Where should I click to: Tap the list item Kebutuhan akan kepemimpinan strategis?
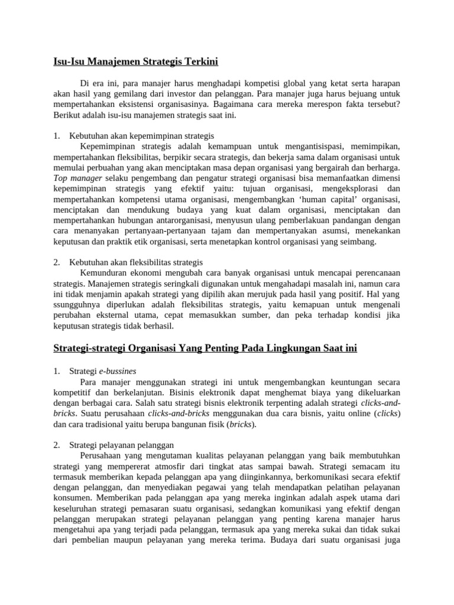click(x=141, y=135)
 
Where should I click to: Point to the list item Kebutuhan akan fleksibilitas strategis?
click(x=136, y=262)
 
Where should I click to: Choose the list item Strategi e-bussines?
click(x=103, y=371)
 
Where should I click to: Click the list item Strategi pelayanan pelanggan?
click(x=121, y=444)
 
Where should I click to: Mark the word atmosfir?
click(x=177, y=466)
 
